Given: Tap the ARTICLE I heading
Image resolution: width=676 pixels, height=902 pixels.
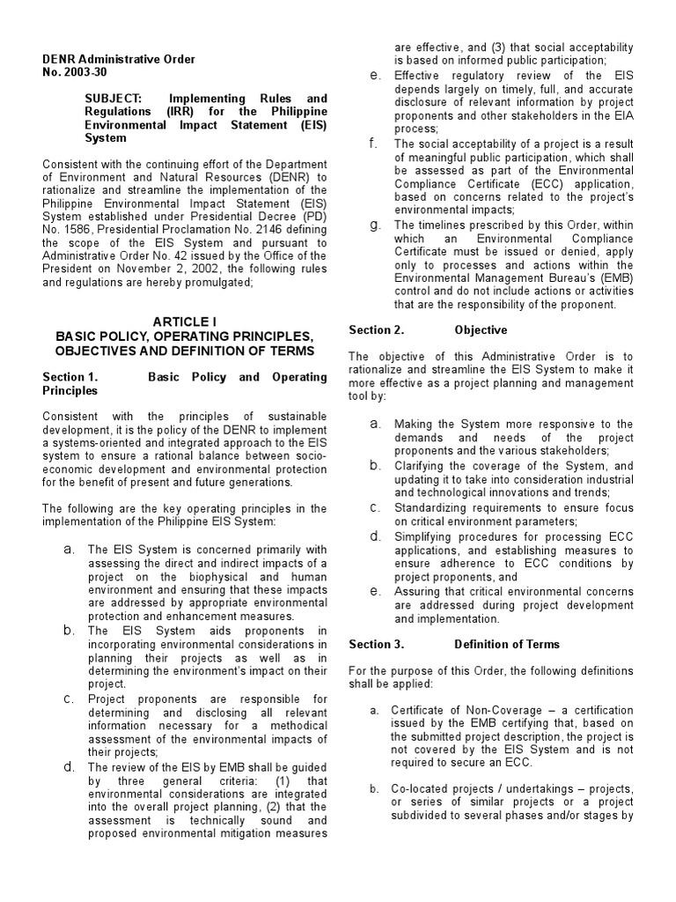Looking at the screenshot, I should [185, 322].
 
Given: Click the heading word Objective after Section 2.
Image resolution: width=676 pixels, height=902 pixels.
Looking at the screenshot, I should [481, 330].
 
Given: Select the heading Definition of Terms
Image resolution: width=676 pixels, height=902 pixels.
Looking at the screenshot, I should [507, 644].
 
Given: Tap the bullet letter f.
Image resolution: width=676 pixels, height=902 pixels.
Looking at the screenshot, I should [374, 144].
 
